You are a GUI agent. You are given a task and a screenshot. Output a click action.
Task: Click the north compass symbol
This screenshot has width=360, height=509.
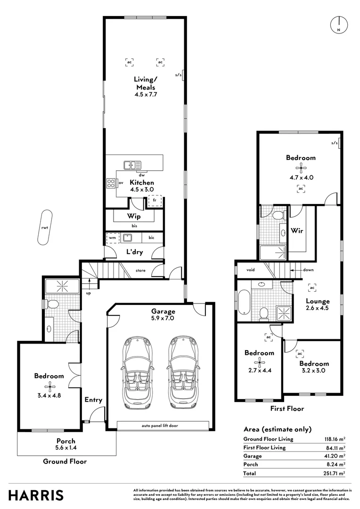(338, 25)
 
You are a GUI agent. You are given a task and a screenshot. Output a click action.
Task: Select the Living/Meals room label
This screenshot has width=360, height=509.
(146, 87)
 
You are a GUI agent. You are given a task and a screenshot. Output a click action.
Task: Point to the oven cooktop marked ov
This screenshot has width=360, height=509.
(112, 183)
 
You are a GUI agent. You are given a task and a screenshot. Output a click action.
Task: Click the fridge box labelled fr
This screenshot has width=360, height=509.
(155, 201)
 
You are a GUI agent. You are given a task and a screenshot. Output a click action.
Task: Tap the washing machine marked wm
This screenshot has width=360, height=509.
(112, 238)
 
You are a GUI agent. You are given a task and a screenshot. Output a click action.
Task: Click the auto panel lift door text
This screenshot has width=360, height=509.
(160, 426)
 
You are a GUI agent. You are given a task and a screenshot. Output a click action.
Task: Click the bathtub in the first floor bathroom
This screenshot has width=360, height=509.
(244, 303)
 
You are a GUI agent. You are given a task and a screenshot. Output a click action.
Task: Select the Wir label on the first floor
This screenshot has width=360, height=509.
(296, 231)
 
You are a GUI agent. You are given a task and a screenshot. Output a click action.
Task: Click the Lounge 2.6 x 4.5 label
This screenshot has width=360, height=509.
(318, 304)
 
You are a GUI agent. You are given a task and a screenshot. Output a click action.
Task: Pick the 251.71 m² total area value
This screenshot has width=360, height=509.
(335, 473)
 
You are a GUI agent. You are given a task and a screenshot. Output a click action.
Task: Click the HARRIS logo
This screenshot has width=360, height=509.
(36, 495)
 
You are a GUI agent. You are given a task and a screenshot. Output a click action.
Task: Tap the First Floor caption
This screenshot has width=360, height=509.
(287, 409)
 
